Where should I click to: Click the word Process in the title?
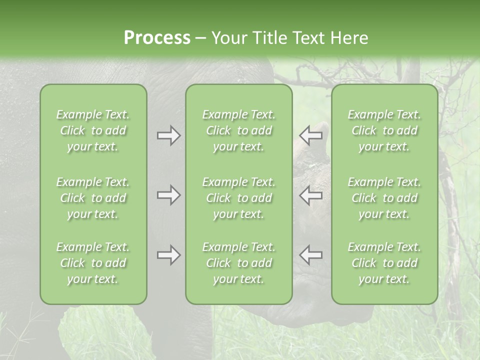tap(157, 37)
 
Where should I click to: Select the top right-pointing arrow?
tap(168, 135)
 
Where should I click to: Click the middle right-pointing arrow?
tap(168, 195)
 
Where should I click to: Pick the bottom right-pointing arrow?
tap(168, 255)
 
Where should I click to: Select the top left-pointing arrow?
tap(311, 135)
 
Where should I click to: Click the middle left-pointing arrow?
tap(311, 195)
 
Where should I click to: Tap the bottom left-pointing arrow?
tap(311, 255)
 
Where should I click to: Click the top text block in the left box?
tap(93, 130)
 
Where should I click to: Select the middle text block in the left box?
tap(93, 198)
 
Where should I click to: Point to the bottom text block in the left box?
tap(93, 263)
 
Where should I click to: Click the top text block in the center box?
tap(238, 130)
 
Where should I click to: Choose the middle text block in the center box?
tap(238, 198)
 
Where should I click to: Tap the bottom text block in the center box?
tap(238, 263)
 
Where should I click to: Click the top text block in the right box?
tap(384, 130)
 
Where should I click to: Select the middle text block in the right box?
tap(384, 198)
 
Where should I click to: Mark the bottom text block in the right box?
tap(384, 263)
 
